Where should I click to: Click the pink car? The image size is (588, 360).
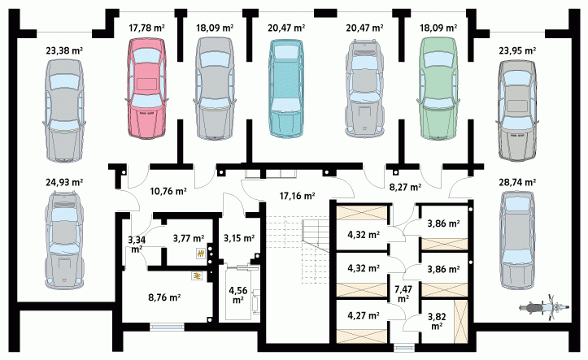click(x=146, y=89)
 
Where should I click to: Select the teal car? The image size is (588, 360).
click(x=285, y=89)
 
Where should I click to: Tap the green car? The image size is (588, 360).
click(x=438, y=89)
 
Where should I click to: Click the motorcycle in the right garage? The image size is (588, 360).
click(x=545, y=307)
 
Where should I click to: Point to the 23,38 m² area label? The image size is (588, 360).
click(x=64, y=50)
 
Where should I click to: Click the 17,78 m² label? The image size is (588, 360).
click(x=146, y=28)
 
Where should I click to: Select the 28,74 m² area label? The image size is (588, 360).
click(x=517, y=182)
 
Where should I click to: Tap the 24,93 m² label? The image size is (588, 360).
click(x=64, y=182)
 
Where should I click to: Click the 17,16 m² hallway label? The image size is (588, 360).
click(x=297, y=195)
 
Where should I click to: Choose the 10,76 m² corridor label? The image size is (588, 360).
click(x=168, y=192)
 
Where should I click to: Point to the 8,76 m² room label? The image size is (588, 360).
click(x=164, y=297)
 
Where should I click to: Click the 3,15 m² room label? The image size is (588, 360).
click(x=239, y=238)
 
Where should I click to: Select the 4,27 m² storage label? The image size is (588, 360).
click(x=363, y=316)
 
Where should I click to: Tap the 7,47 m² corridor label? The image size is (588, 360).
click(x=403, y=293)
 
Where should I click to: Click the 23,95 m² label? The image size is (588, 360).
click(x=517, y=50)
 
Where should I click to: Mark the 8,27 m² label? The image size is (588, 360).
click(x=405, y=187)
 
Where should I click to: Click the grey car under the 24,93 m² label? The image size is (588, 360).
click(x=64, y=240)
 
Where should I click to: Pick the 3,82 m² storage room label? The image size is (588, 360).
click(x=437, y=321)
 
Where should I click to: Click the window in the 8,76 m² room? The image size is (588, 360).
click(x=168, y=327)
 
